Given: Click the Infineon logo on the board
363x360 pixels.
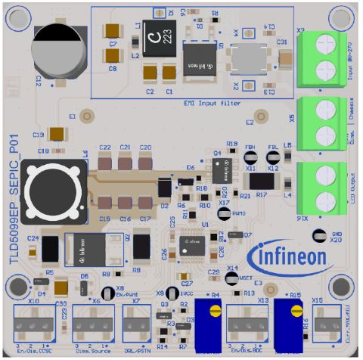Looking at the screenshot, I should pyautogui.click(x=291, y=256).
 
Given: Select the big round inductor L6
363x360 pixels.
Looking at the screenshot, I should pyautogui.click(x=51, y=190).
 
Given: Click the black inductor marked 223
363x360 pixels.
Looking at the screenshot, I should pyautogui.click(x=160, y=36).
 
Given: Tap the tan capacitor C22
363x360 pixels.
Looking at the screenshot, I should pyautogui.click(x=105, y=162).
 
